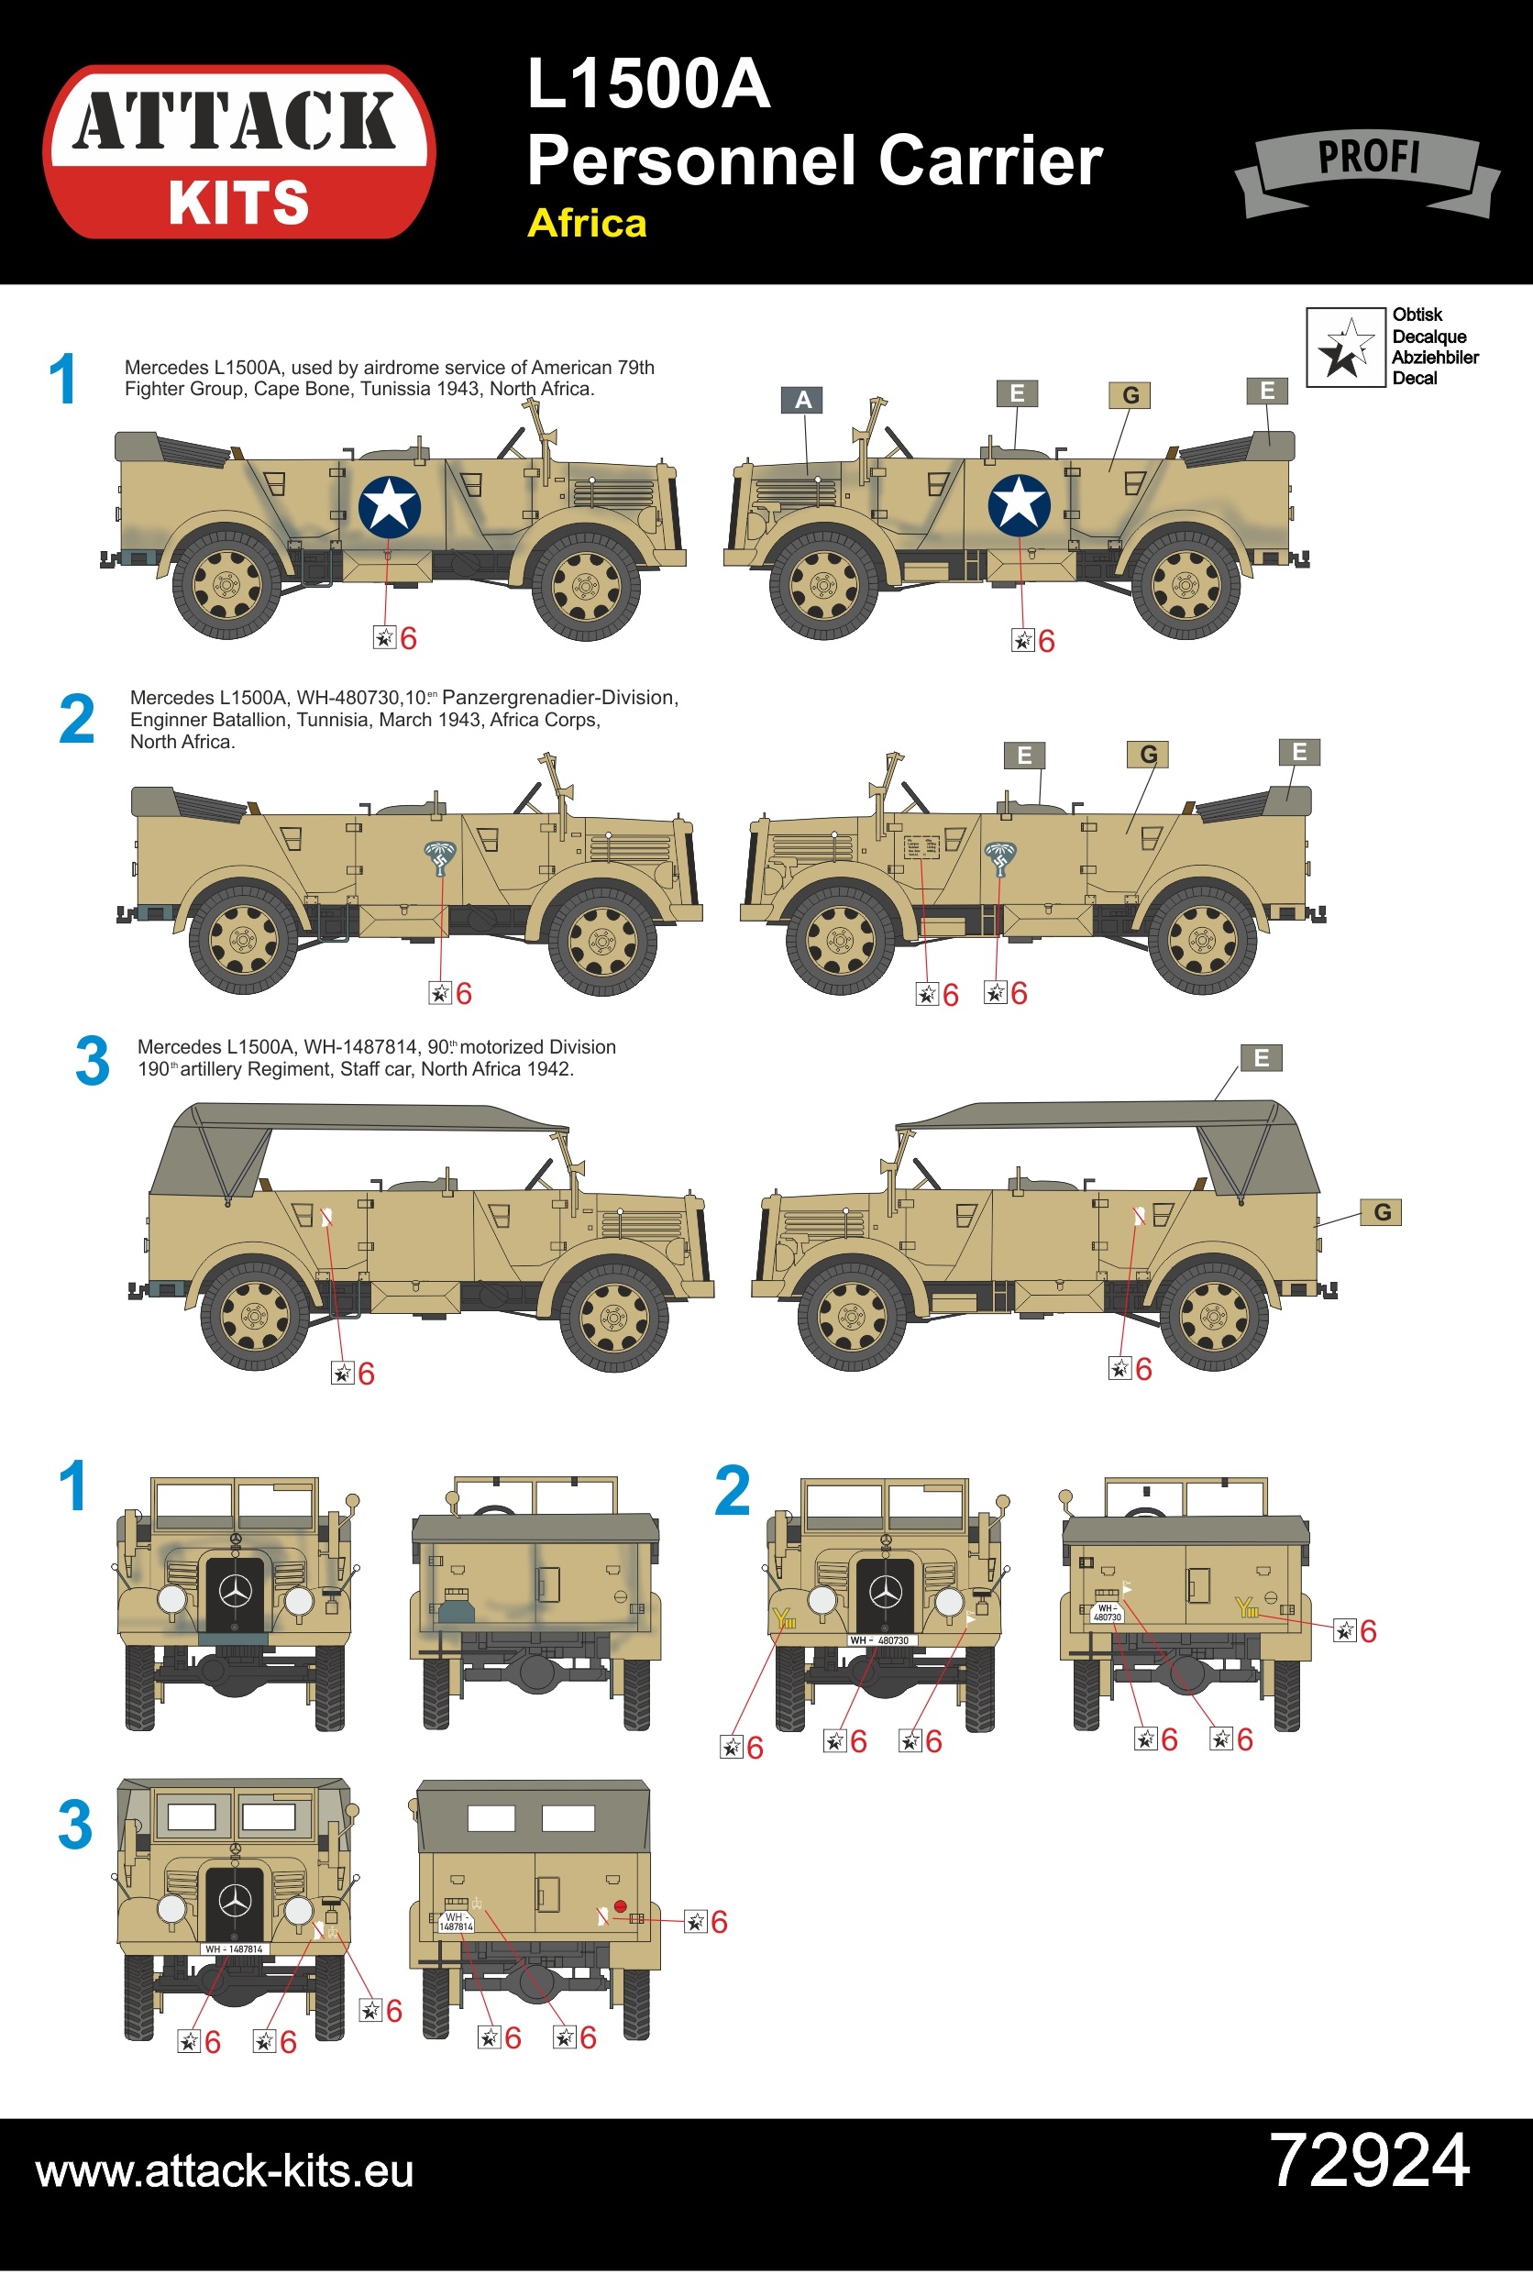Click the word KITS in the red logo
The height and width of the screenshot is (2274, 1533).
point(238,203)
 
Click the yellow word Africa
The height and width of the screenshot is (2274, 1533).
point(587,224)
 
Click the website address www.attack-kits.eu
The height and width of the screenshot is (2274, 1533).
point(225,2171)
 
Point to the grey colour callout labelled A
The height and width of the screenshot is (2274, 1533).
point(802,400)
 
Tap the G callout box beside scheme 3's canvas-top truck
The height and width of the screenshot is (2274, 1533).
point(1382,1212)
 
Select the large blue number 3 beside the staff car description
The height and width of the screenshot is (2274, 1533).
point(93,1061)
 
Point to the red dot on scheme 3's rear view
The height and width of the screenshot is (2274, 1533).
point(619,1906)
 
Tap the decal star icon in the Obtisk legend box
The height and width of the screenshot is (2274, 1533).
point(1346,348)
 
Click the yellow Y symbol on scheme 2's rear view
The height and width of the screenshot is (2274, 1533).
point(1244,1606)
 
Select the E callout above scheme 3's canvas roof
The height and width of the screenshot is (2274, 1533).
point(1262,1058)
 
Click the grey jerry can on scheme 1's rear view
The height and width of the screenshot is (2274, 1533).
point(455,1606)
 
